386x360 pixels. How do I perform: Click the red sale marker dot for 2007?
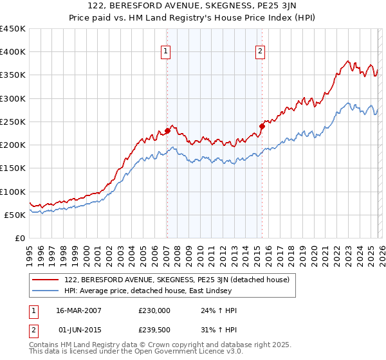click(167, 131)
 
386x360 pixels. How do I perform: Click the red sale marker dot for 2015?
click(262, 126)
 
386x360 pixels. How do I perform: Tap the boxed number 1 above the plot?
click(166, 53)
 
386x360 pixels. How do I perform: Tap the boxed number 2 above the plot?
click(261, 53)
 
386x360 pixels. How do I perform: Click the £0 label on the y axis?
click(19, 238)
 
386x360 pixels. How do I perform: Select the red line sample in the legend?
click(46, 280)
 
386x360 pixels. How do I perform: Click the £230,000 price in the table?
click(154, 310)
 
